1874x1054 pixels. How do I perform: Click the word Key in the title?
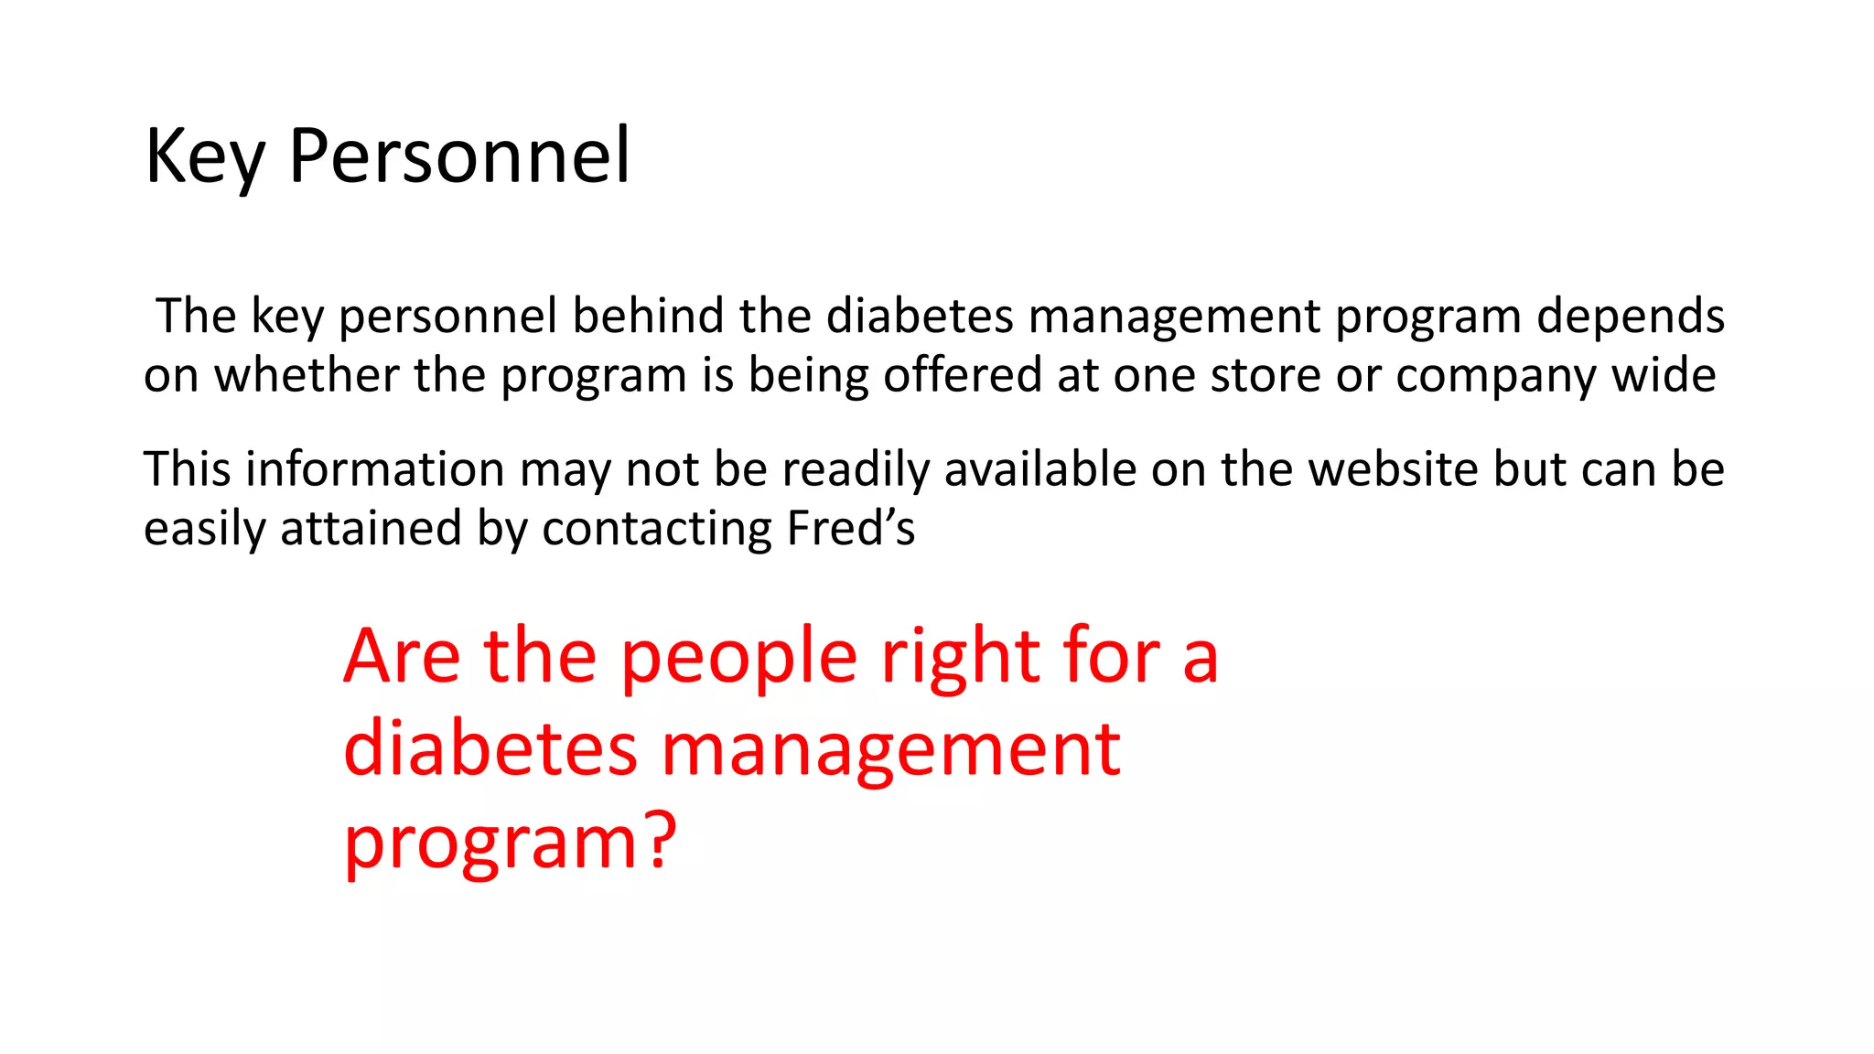pyautogui.click(x=205, y=157)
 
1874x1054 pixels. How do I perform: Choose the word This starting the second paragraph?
pyautogui.click(x=187, y=469)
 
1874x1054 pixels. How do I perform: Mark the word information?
pyautogui.click(x=375, y=469)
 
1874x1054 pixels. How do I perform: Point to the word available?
pyautogui.click(x=1039, y=469)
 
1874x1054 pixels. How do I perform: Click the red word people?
pyautogui.click(x=738, y=659)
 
